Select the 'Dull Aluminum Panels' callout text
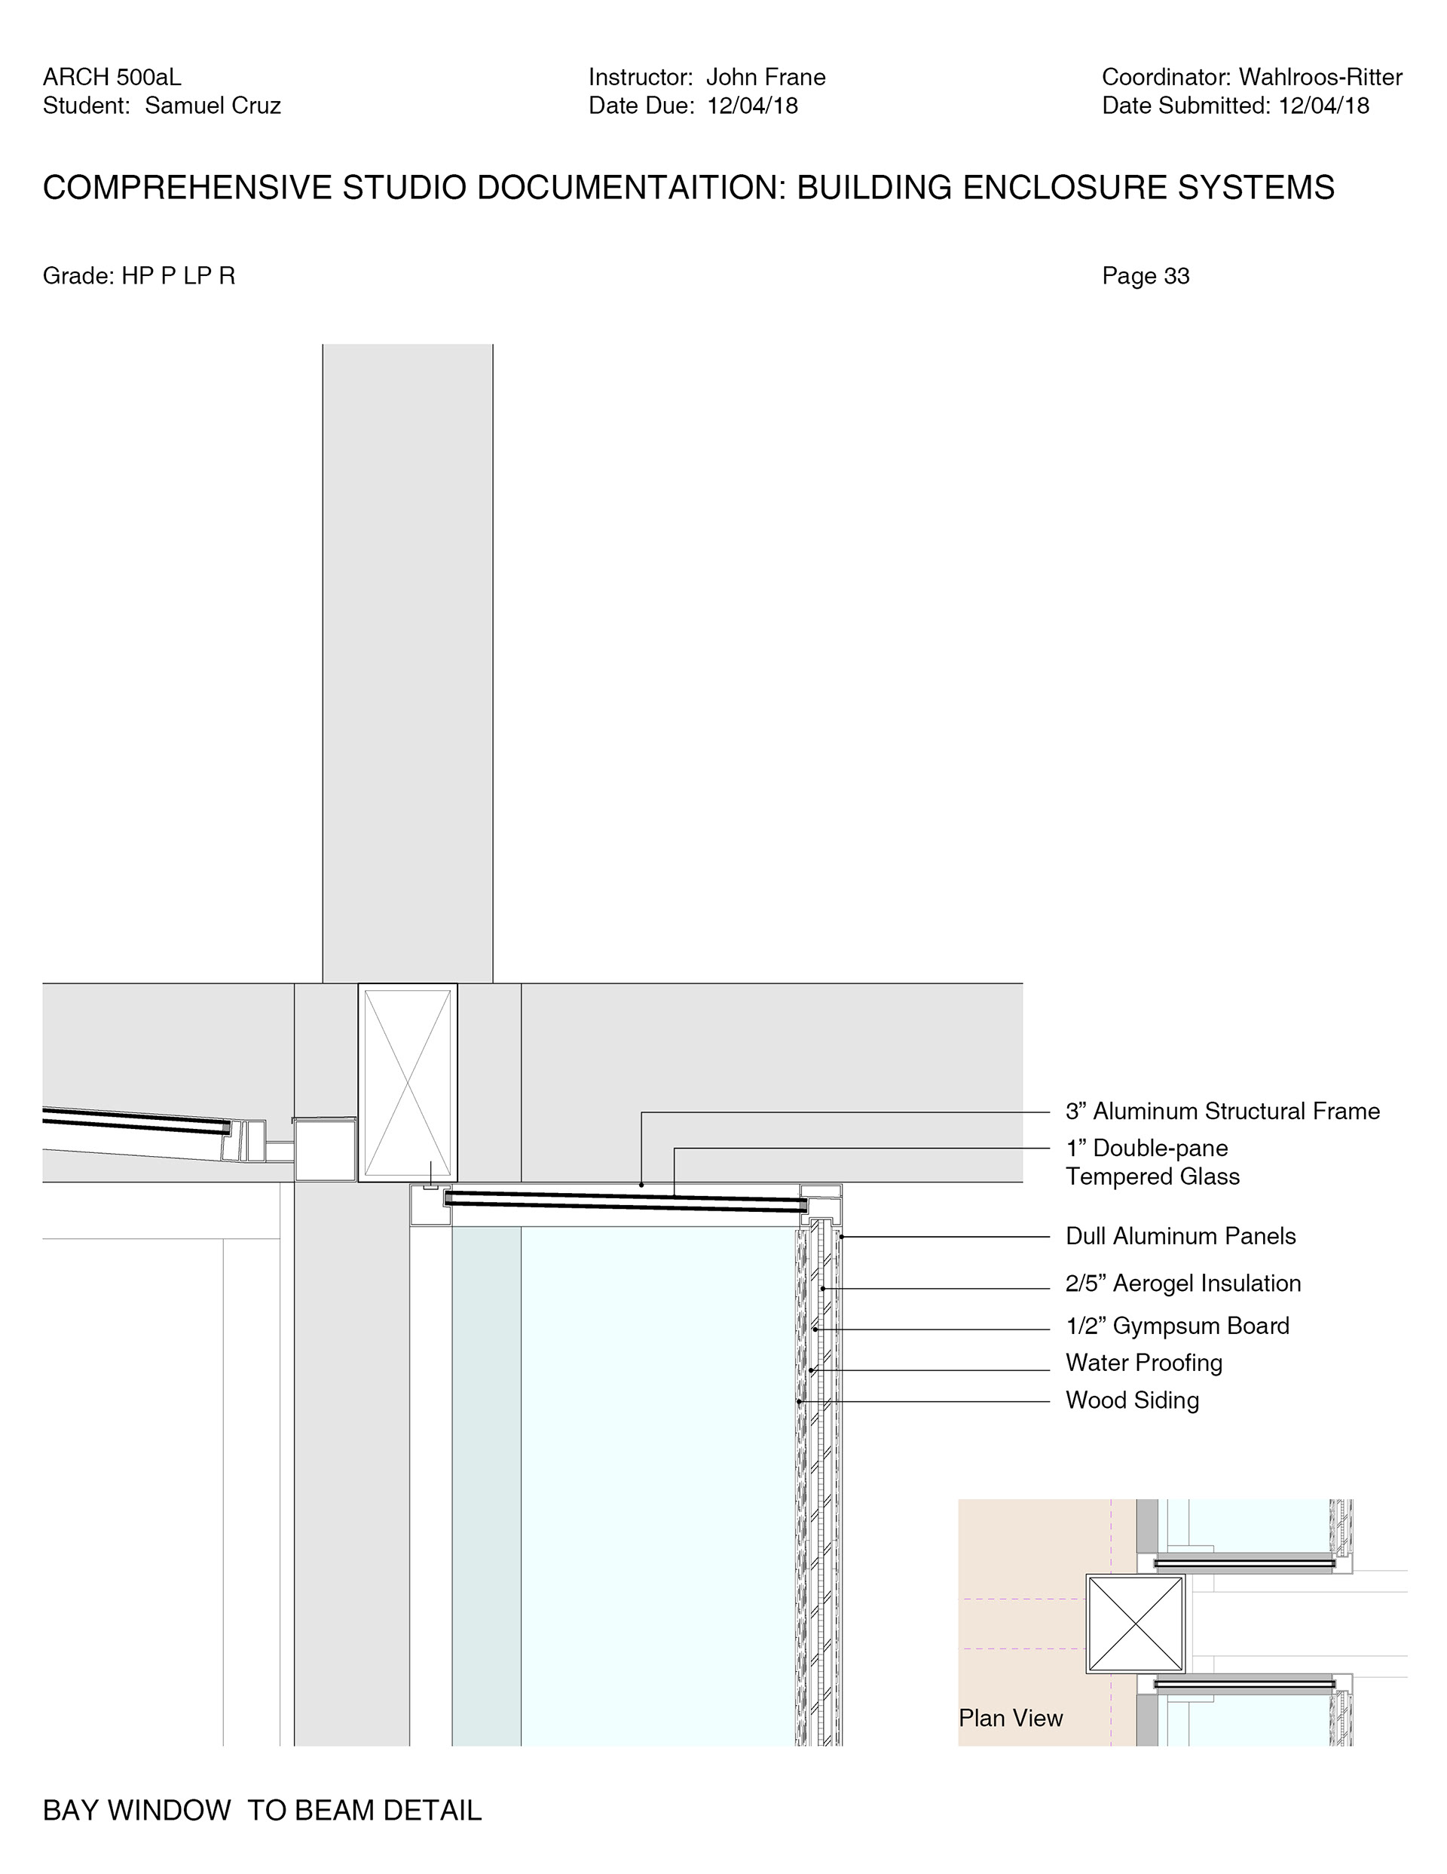pyautogui.click(x=1180, y=1237)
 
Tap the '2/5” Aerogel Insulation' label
pyautogui.click(x=1182, y=1284)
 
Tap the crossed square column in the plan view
pyautogui.click(x=1136, y=1624)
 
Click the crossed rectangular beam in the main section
pyautogui.click(x=408, y=1083)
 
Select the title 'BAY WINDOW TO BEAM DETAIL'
pyautogui.click(x=262, y=1811)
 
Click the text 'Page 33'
pyautogui.click(x=1145, y=276)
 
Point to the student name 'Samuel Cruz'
pyautogui.click(x=213, y=106)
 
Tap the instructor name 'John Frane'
pyautogui.click(x=765, y=77)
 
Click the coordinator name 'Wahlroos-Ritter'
pyautogui.click(x=1320, y=77)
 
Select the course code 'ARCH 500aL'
pyautogui.click(x=112, y=77)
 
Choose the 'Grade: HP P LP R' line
pyautogui.click(x=139, y=276)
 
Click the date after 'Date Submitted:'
pyautogui.click(x=1323, y=106)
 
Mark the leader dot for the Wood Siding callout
pyautogui.click(x=800, y=1401)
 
